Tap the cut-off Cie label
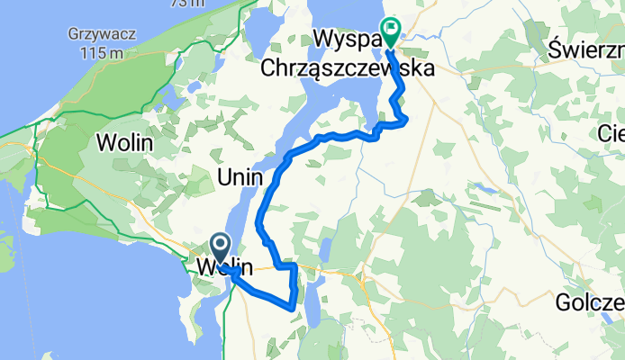[x=611, y=133]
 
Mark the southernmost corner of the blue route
[x=294, y=307]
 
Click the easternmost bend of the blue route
[x=407, y=118]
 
